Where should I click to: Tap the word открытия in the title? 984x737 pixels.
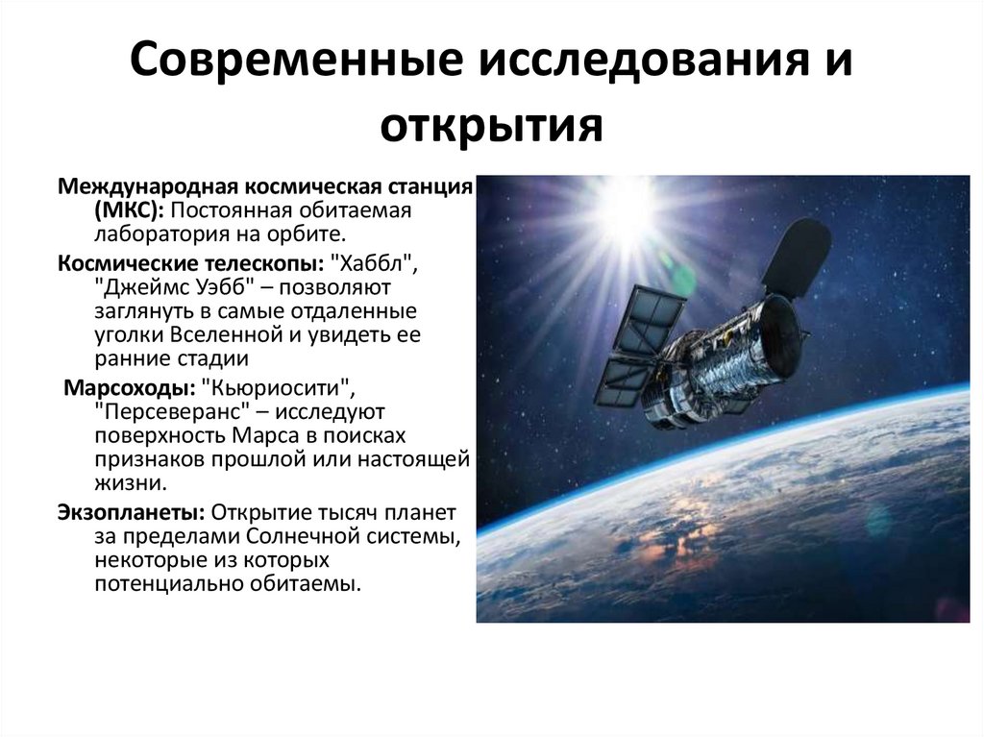(x=491, y=126)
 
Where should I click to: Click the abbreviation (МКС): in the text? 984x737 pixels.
(x=126, y=209)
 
